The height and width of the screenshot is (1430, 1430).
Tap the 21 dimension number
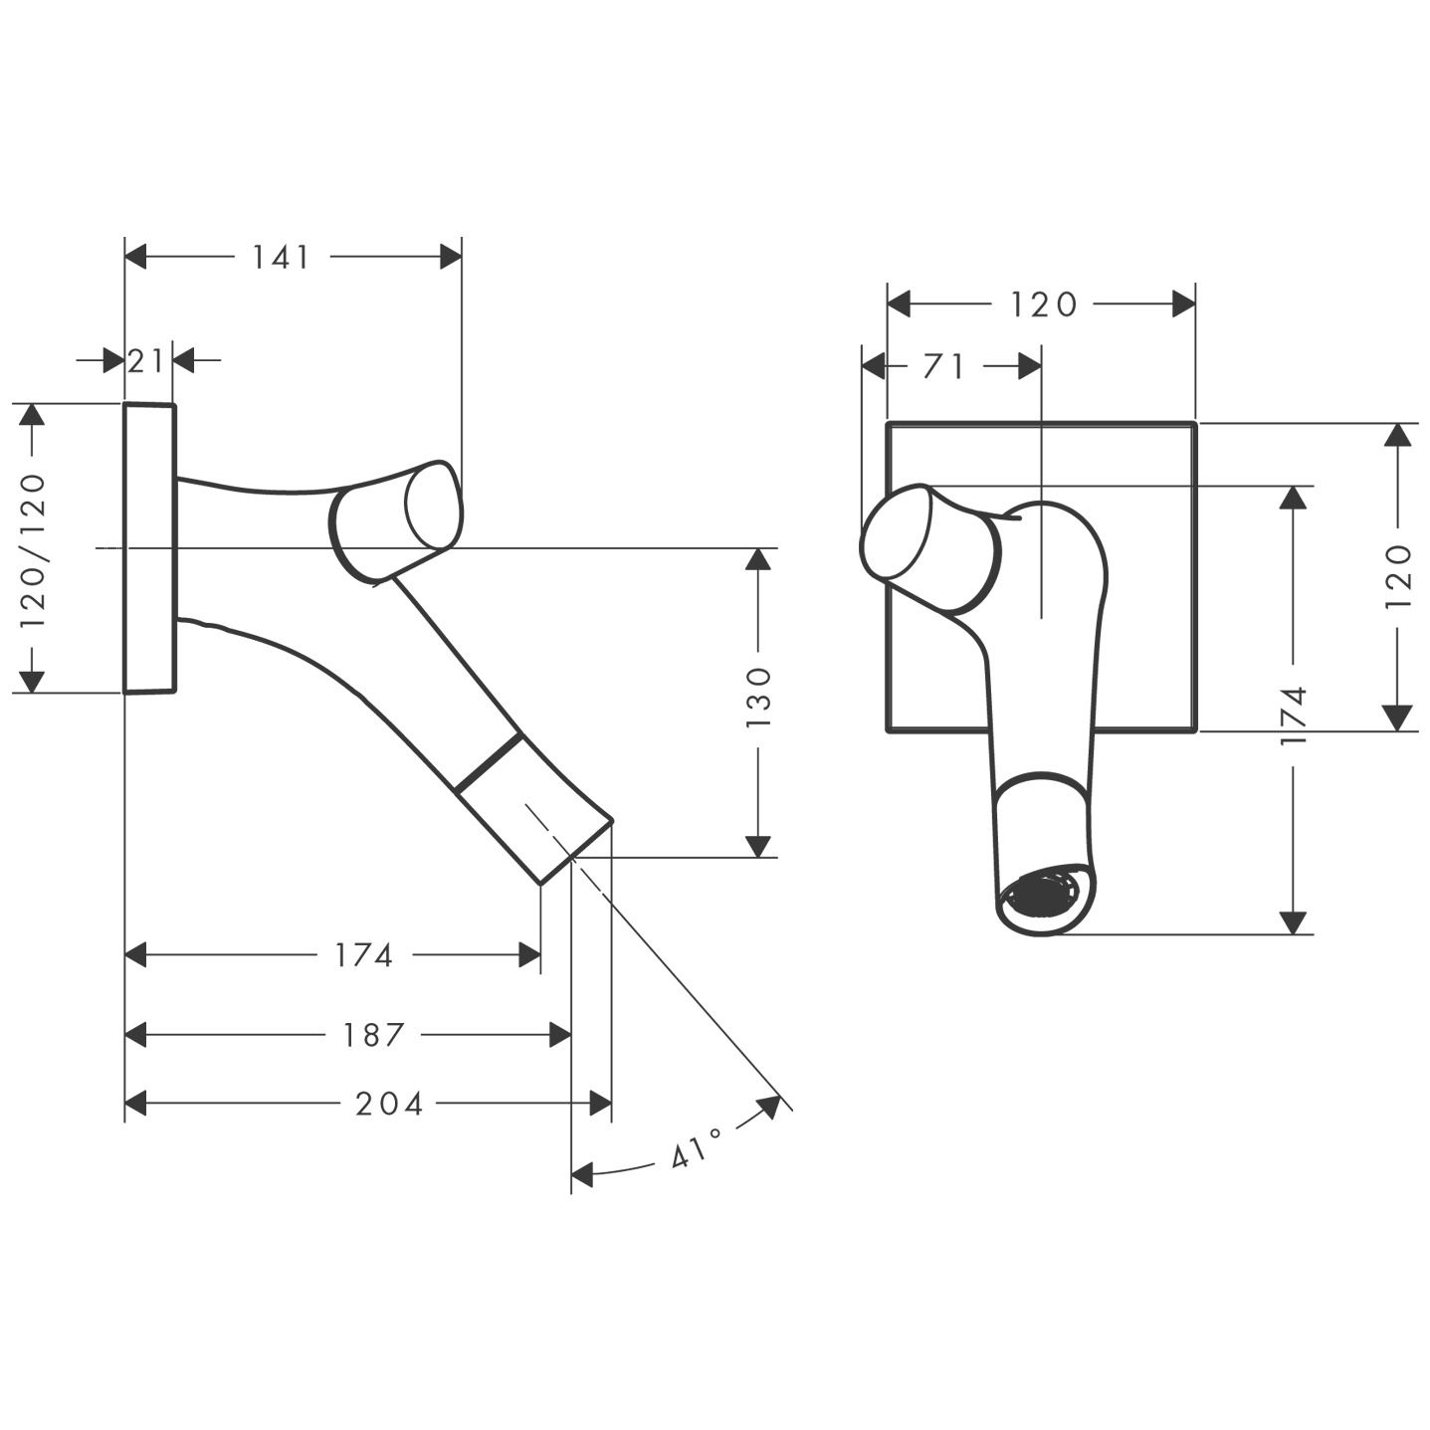tap(146, 360)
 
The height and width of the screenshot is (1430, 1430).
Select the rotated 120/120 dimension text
tap(33, 549)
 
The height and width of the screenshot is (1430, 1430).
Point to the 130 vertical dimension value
tap(758, 697)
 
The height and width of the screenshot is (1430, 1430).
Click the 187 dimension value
tap(374, 1035)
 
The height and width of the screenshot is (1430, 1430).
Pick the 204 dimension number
tap(389, 1104)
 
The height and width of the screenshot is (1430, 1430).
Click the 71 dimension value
tap(943, 367)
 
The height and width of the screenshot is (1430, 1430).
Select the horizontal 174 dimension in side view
tap(364, 955)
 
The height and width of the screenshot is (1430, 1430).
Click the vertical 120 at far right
tap(1398, 577)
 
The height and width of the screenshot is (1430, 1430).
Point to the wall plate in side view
tap(149, 547)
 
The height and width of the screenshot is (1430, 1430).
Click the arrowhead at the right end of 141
tap(451, 258)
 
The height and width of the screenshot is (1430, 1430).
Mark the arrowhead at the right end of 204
tap(600, 1104)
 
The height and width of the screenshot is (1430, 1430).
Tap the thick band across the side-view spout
tap(488, 764)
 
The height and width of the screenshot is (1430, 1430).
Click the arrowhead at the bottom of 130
tap(758, 845)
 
